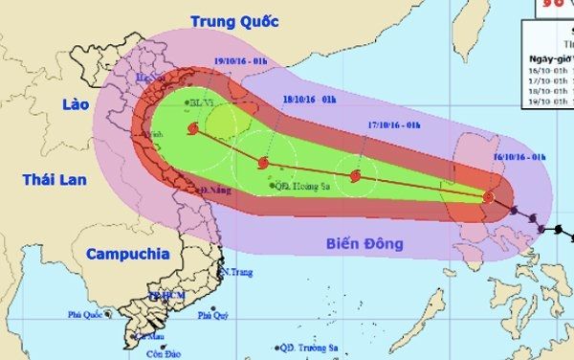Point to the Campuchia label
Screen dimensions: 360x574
click(127, 254)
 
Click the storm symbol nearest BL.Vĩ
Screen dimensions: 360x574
click(192, 129)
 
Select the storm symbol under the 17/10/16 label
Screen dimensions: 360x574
click(356, 176)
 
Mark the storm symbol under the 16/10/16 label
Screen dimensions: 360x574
click(489, 198)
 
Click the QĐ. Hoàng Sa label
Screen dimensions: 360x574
click(298, 186)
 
